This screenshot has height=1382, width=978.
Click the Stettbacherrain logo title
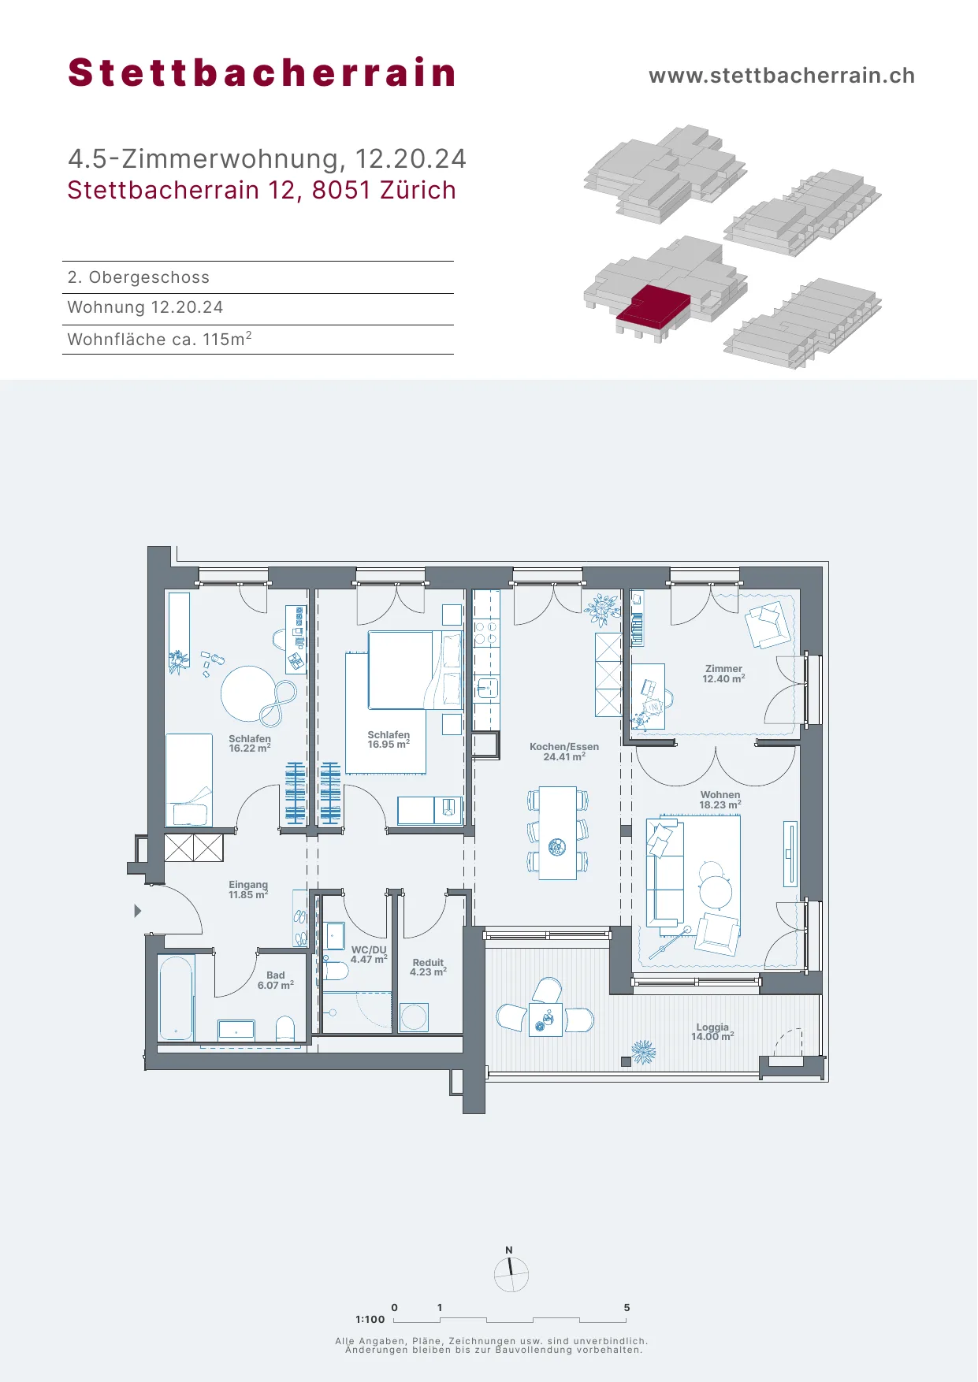pos(262,72)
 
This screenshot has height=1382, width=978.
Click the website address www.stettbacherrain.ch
pos(782,76)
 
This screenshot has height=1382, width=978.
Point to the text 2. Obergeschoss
pos(139,277)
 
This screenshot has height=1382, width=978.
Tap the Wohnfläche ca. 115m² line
pos(160,339)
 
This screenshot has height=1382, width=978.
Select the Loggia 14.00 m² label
pos(712,1031)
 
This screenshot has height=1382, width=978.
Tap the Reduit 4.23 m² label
pos(428,967)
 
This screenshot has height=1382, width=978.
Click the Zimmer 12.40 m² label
pos(723,674)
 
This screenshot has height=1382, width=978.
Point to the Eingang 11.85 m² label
pos(248,890)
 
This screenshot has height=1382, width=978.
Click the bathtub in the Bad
pos(176,997)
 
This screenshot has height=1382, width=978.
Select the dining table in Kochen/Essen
pos(558,833)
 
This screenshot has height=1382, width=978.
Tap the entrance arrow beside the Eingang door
pos(137,911)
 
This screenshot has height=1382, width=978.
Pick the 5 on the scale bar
pos(627,1307)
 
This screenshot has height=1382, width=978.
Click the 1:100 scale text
pos(370,1319)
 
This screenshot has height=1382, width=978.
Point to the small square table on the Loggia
pos(545,1020)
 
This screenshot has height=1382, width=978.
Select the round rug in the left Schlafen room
pos(249,693)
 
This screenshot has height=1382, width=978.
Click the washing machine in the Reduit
pos(414,1017)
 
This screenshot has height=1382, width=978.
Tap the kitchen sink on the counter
pos(487,689)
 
